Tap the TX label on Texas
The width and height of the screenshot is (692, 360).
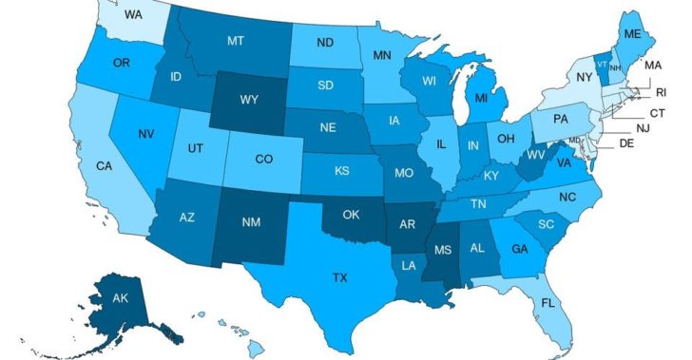339,278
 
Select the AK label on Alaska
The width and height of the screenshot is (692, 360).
121,296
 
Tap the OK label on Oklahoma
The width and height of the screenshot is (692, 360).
350,214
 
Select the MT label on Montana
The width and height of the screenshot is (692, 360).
238,42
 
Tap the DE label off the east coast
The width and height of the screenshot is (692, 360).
626,144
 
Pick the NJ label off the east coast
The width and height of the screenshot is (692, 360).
642,127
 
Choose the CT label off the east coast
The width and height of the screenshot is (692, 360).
656,112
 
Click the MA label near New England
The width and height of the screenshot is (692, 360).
653,66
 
